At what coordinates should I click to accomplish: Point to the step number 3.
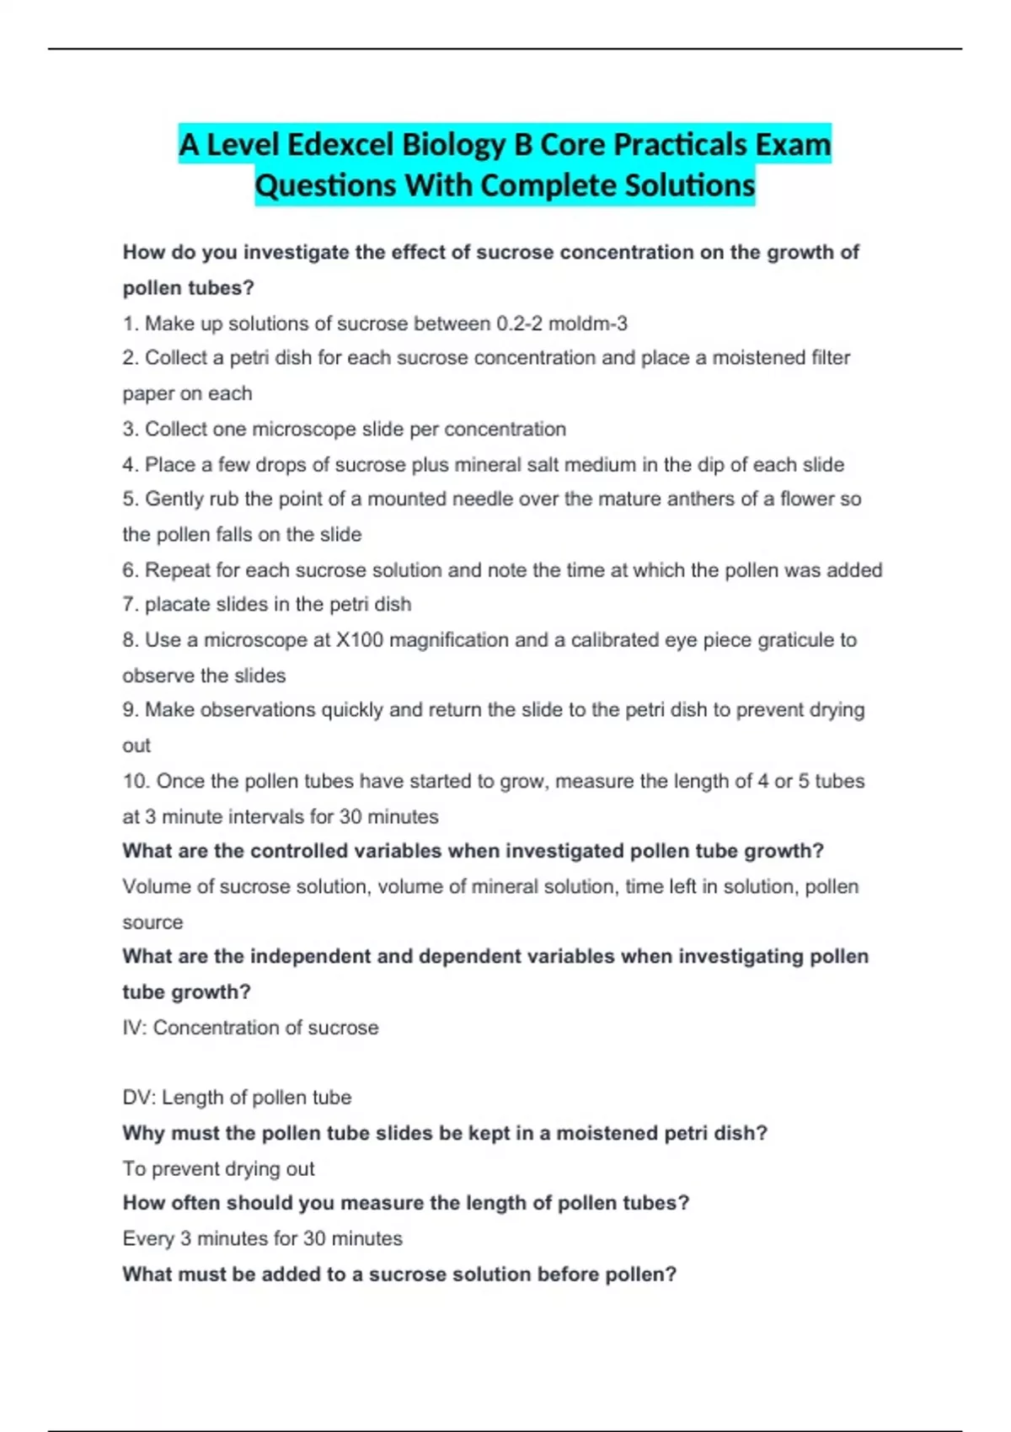(129, 429)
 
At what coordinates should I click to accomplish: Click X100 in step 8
(360, 640)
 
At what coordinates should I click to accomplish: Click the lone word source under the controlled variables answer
(152, 922)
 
